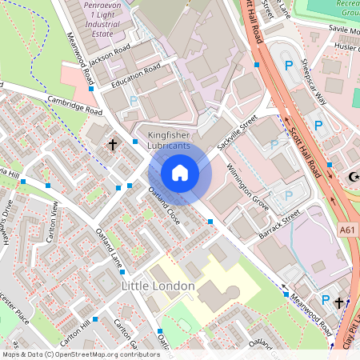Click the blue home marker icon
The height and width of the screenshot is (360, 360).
tap(180, 173)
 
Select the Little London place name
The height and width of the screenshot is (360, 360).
tap(158, 286)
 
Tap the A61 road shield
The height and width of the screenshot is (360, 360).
tap(347, 230)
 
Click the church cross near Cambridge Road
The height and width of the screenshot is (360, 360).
tap(113, 146)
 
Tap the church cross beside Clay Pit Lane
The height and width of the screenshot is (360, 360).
tap(338, 303)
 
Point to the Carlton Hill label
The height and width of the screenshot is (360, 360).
tap(74, 328)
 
